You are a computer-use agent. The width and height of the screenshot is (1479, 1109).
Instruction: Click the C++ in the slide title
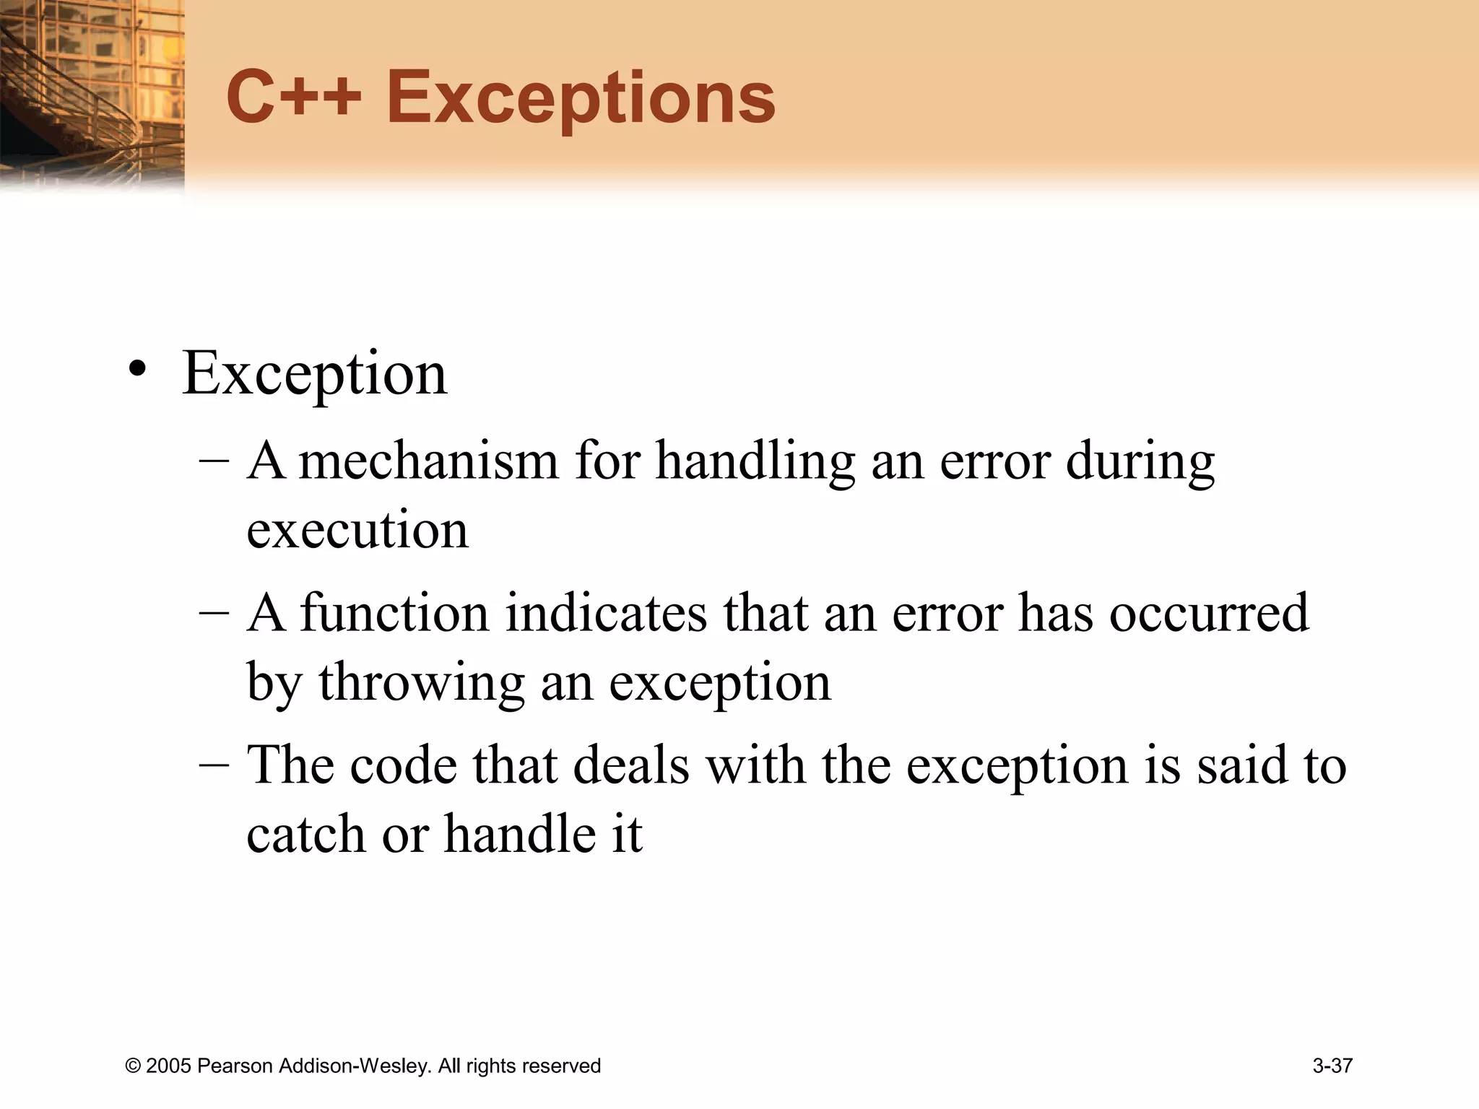point(293,97)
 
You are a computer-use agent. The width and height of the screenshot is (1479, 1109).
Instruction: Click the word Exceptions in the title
point(581,100)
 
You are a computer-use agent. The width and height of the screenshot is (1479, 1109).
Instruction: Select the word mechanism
point(429,460)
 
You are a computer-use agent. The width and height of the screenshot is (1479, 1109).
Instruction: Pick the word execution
point(357,529)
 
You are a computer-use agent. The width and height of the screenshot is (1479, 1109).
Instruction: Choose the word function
point(394,612)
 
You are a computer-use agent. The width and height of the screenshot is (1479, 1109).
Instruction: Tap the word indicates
point(606,612)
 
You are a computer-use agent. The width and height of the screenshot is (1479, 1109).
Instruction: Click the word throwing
point(422,682)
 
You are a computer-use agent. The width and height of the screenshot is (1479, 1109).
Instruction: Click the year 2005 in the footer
point(168,1066)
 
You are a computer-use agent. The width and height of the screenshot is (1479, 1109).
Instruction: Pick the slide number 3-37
point(1332,1066)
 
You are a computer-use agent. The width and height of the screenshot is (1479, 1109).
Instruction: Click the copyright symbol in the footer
point(132,1066)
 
